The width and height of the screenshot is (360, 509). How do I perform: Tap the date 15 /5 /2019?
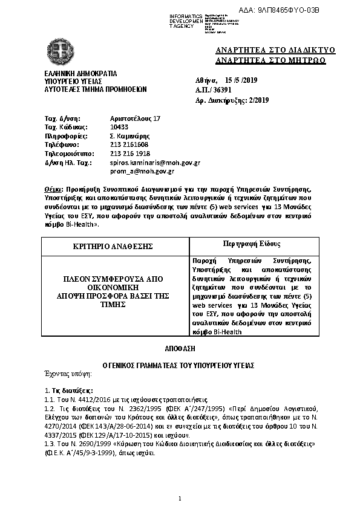point(241,80)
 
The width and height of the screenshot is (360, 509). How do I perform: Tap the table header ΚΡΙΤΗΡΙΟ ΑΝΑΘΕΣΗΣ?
point(114,246)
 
